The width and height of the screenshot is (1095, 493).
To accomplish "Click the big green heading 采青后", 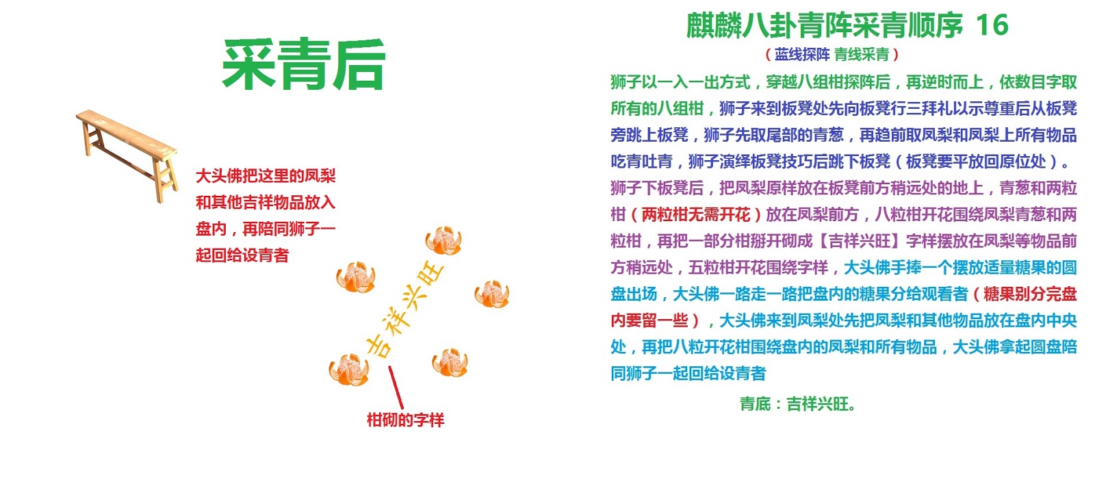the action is click(303, 64).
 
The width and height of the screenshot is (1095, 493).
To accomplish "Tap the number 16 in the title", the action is click(991, 25).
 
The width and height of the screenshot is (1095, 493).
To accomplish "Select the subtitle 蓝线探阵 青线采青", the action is click(832, 54).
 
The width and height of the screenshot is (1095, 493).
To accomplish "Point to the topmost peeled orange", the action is click(443, 240).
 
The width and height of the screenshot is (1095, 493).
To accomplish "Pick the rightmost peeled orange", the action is click(491, 294).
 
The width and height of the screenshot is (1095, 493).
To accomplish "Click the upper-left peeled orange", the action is click(356, 277).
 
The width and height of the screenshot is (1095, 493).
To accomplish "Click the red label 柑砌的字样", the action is click(405, 420).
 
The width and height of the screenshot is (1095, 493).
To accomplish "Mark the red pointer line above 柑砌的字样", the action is click(396, 388).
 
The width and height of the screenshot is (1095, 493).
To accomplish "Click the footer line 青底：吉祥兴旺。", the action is click(797, 404).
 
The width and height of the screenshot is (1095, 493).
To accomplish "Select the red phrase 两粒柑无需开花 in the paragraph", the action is click(696, 214).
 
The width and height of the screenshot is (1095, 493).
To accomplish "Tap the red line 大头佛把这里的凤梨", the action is click(266, 176).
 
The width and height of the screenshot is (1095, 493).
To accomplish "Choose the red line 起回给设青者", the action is click(242, 255).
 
